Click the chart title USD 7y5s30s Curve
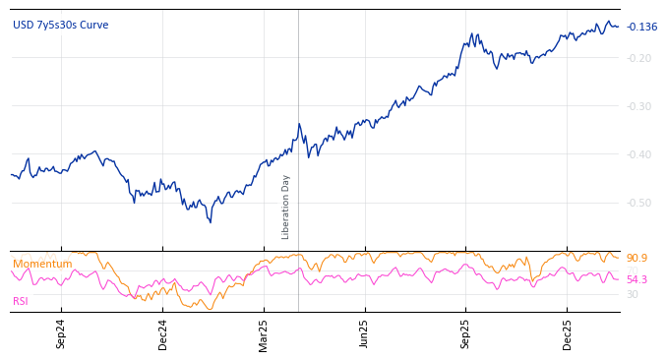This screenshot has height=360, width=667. click(61, 26)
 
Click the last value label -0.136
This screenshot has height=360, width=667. click(641, 27)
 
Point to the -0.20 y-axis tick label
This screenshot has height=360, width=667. click(639, 58)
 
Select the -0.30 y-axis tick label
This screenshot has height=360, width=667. click(639, 106)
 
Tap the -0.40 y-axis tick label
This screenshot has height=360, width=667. click(639, 154)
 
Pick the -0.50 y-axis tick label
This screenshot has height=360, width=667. click(639, 203)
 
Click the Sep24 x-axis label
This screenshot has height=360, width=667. click(61, 333)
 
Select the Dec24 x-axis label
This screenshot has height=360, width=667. click(162, 333)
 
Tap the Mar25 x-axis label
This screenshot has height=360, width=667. click(264, 333)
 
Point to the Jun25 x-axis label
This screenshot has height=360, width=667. click(364, 333)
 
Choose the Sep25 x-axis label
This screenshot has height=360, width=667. click(465, 333)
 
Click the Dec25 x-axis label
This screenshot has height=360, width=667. click(567, 333)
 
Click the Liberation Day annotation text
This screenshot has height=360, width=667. click(286, 207)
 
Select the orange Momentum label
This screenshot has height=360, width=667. click(42, 265)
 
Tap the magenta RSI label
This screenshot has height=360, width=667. click(21, 301)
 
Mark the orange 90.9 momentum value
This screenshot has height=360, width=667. click(637, 259)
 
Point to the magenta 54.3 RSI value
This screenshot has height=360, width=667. click(637, 280)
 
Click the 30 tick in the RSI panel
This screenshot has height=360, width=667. click(633, 294)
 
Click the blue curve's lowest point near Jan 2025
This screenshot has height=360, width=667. click(210, 222)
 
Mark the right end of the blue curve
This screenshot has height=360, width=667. click(619, 27)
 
